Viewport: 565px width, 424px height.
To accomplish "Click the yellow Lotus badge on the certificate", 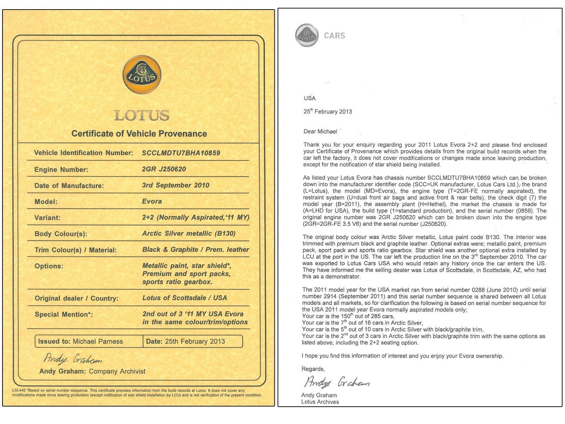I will point(142,75).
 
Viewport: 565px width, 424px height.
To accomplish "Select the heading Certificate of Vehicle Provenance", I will point(139,134).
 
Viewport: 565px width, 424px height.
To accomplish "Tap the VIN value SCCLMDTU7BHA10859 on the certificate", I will point(181,153).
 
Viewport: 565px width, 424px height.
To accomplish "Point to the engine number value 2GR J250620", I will point(164,169).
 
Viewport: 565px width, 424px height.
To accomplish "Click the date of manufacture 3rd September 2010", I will point(176,185).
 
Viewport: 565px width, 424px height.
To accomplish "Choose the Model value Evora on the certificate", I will point(152,201).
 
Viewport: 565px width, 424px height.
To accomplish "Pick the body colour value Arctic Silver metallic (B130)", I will point(189,234).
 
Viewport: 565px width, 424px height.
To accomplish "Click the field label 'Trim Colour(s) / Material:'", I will point(75,250).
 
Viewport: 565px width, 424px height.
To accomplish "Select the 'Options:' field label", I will point(49,266).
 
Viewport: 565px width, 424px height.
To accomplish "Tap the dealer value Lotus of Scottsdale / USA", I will point(184,298).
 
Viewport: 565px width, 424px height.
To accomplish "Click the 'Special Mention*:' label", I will point(64,314).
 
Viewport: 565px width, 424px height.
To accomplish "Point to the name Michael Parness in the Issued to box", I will point(98,341).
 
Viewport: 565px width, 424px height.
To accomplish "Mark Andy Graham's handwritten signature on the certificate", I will point(73,359).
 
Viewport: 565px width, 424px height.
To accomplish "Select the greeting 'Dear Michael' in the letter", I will point(320,131).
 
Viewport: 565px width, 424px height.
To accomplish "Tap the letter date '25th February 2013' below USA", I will point(328,112).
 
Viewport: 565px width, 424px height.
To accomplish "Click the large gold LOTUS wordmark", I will point(142,115).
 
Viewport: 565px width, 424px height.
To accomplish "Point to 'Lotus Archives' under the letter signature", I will point(320,402).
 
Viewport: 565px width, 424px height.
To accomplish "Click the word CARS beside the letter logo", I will point(334,35).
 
